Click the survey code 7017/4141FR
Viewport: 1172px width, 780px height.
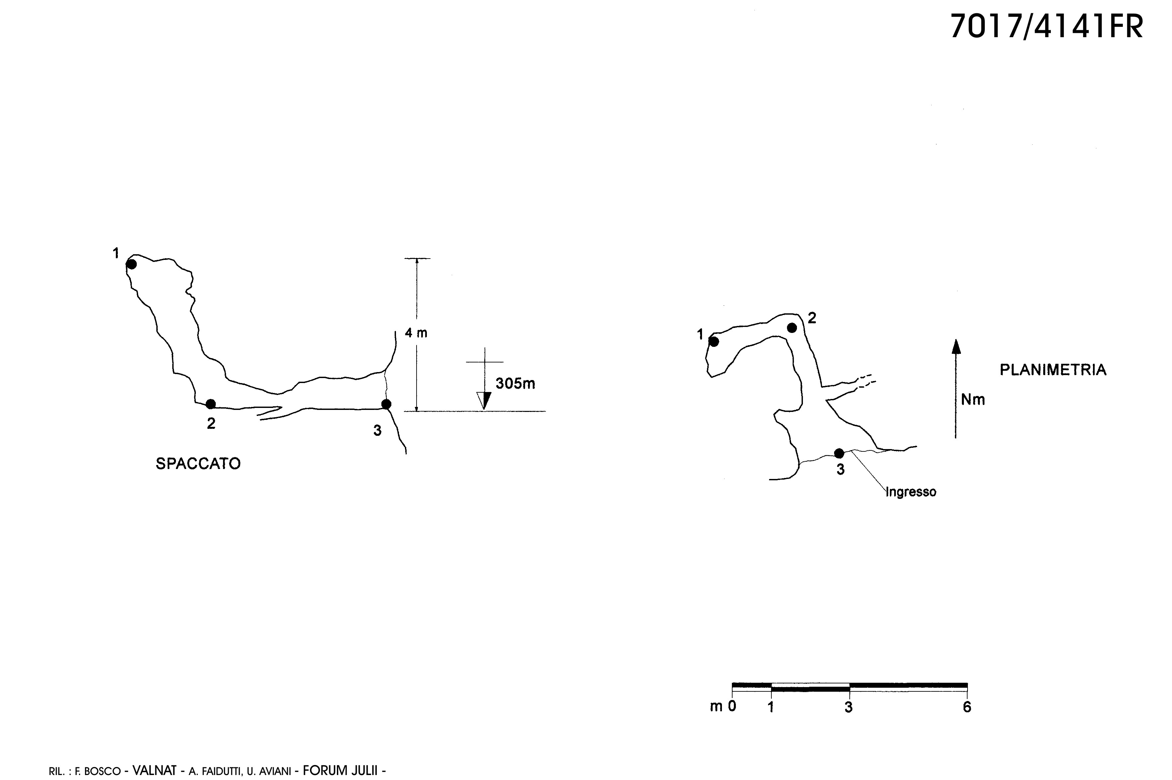[1047, 26]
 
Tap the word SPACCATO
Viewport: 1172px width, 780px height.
[198, 464]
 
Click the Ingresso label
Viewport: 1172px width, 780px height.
[911, 492]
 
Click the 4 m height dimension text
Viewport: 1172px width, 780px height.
[416, 333]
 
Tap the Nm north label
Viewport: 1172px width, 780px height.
[973, 399]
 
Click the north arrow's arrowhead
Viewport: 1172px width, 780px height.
[956, 346]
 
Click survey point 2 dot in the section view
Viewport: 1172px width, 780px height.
[211, 404]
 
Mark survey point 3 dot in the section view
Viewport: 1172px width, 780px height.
[386, 404]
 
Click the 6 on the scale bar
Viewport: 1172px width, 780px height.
[967, 707]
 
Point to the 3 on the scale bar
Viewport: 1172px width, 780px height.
[849, 707]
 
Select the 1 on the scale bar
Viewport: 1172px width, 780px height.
[771, 707]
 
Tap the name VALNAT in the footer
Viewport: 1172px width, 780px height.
[154, 770]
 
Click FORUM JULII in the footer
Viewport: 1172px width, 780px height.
[340, 770]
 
